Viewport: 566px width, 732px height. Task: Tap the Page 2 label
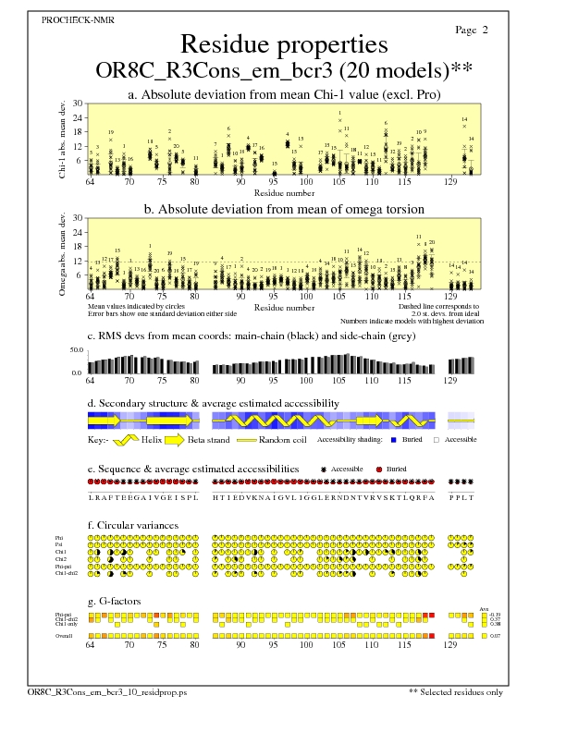pyautogui.click(x=472, y=30)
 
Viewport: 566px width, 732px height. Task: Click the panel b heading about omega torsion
pyautogui.click(x=283, y=209)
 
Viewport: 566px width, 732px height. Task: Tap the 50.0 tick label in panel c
pyautogui.click(x=77, y=350)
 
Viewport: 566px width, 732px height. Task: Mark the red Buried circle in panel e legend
pyautogui.click(x=379, y=470)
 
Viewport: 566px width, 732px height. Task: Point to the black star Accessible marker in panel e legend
pyautogui.click(x=324, y=470)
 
